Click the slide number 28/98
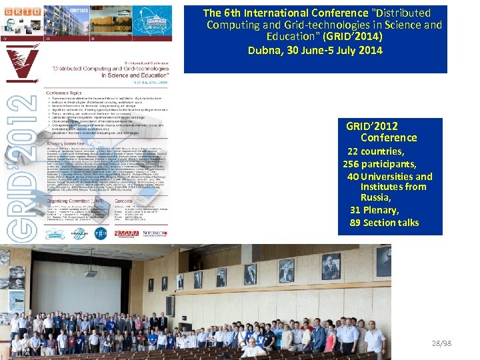coord(441,343)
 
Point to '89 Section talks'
coord(384,223)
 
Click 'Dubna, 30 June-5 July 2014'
coord(315,50)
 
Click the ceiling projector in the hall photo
coord(90,272)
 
